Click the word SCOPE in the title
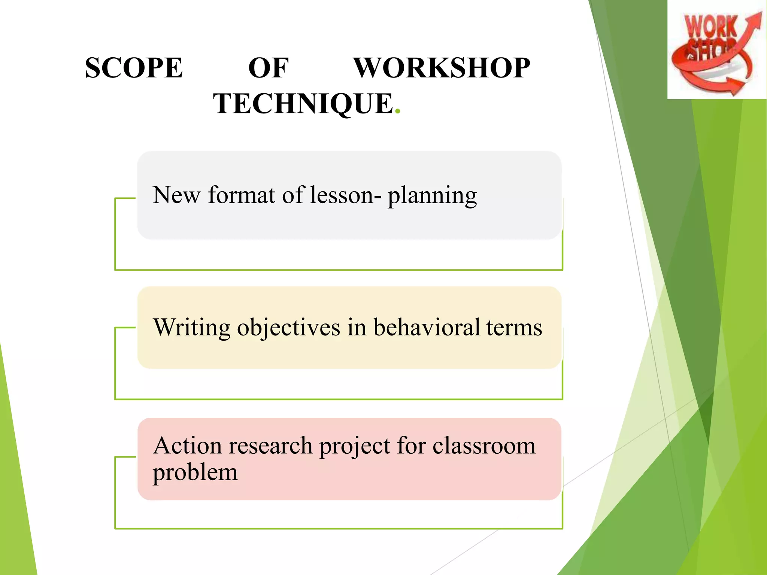coord(134,68)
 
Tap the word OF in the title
coord(268,68)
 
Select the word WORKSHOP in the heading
coord(442,68)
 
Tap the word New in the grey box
coord(176,195)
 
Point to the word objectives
coord(288,328)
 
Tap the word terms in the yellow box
coord(514,328)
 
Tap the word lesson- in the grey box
coord(346,195)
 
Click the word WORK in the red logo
coord(710,27)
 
